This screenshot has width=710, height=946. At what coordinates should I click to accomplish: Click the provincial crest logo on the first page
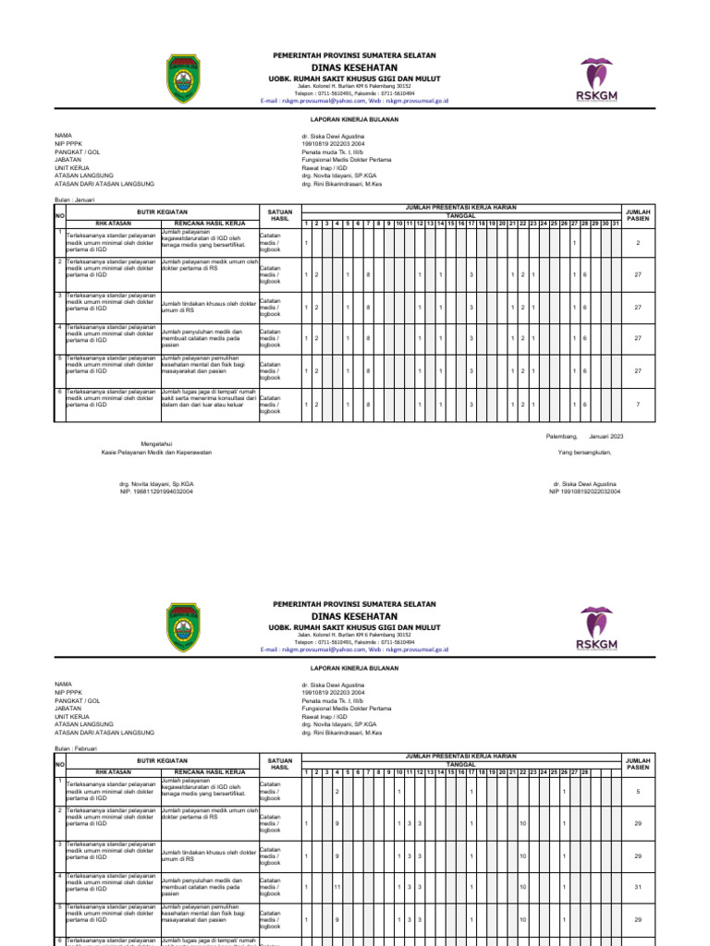(x=193, y=78)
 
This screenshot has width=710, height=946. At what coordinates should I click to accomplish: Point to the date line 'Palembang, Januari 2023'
(x=585, y=435)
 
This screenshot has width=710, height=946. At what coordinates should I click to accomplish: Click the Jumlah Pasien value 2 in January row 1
(x=638, y=243)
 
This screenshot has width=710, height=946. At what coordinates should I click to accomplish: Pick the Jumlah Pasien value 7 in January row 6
(x=638, y=405)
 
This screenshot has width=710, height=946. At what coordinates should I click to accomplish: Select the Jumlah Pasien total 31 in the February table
(x=638, y=889)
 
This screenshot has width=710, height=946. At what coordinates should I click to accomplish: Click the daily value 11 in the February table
(x=337, y=889)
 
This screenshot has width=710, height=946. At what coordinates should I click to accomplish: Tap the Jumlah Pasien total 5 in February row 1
(x=638, y=792)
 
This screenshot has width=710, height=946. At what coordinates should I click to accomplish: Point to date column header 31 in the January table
(x=616, y=223)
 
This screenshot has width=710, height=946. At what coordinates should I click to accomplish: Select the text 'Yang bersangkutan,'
(x=584, y=453)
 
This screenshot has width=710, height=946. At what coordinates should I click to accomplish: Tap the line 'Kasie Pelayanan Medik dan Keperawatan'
(x=156, y=453)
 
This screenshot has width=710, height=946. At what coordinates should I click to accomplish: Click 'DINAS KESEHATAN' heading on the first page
(x=354, y=68)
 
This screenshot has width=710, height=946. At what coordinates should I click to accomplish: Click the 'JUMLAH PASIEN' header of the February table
(x=638, y=763)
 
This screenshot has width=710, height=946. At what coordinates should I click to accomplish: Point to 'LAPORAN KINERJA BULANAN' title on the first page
(x=354, y=119)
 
